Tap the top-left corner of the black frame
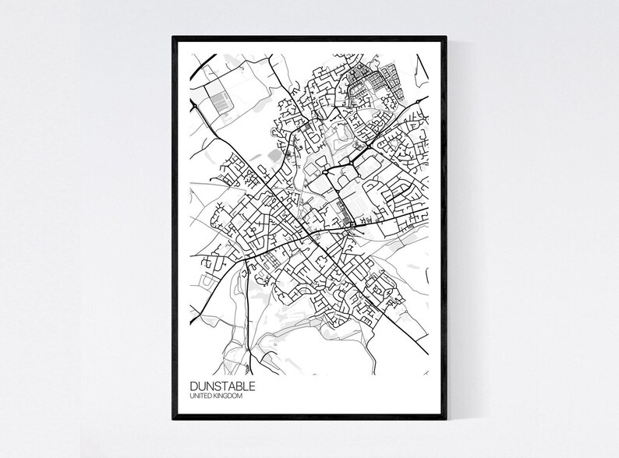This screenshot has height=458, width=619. pos(172,33)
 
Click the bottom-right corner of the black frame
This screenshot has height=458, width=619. pos(447,421)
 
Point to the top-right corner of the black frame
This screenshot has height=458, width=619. pos(447,33)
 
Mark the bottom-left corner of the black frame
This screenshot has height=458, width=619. pos(172,421)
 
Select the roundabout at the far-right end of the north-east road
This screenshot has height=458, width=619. pos(418,101)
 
